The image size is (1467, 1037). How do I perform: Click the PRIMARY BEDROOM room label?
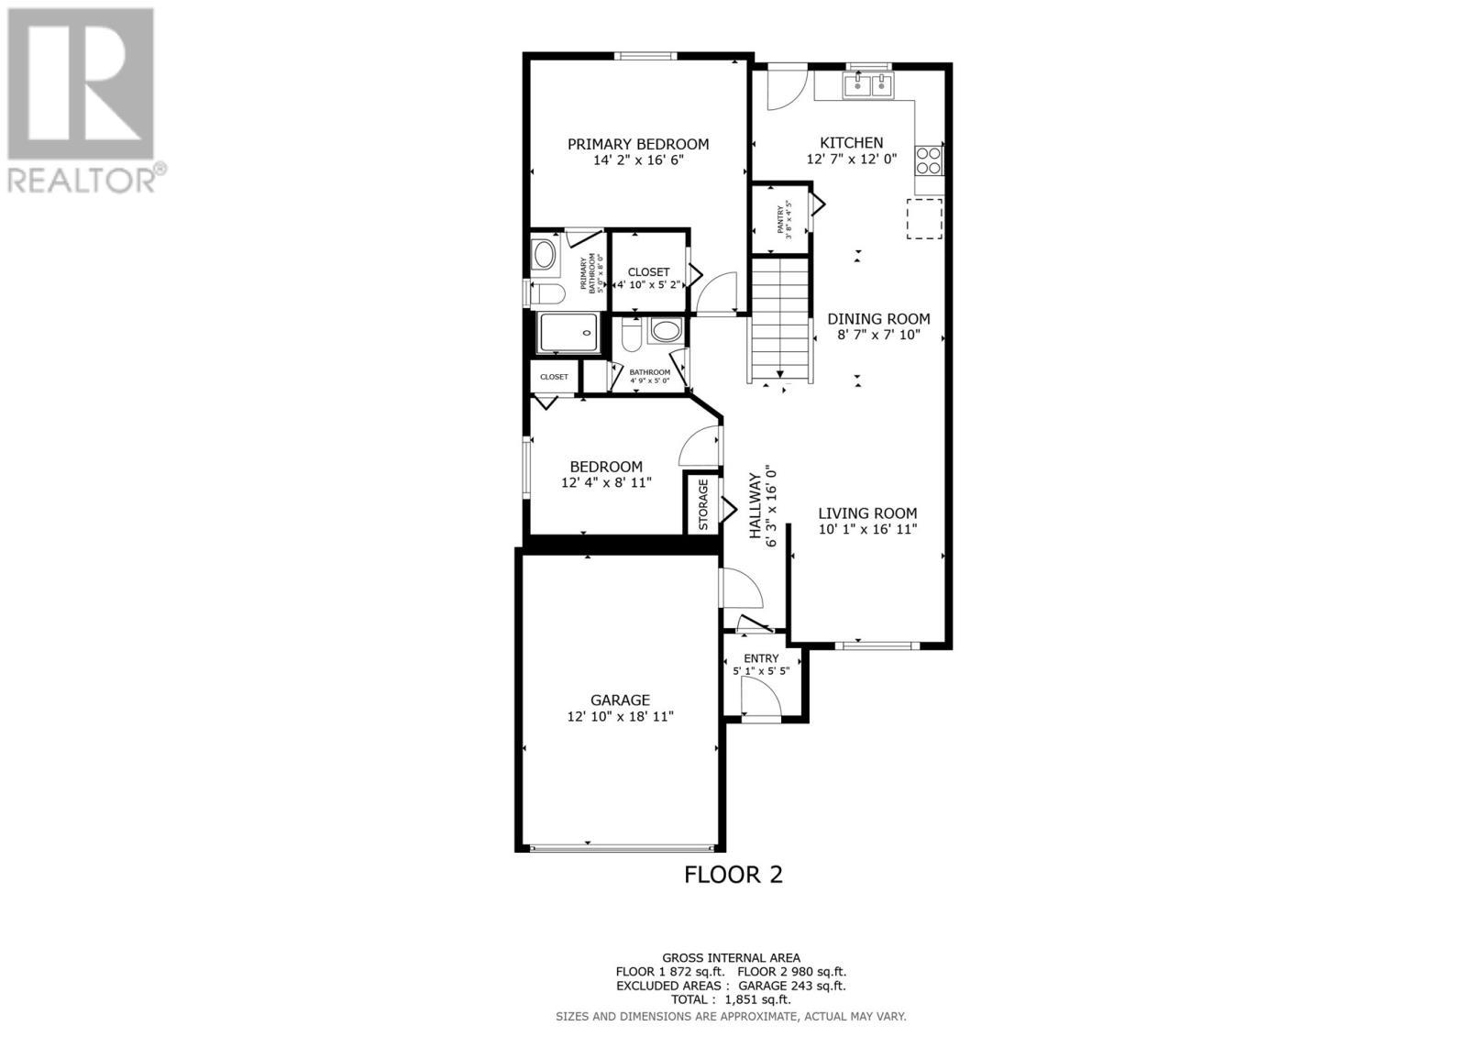(637, 144)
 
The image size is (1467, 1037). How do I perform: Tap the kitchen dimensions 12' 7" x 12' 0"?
(851, 159)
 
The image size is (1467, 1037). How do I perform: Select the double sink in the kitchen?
(867, 85)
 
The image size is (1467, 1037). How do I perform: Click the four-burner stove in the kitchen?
(928, 160)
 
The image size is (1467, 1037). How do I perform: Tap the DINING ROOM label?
(878, 319)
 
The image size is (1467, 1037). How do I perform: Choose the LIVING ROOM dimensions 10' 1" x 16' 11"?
(867, 529)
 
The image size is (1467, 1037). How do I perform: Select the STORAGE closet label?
(703, 503)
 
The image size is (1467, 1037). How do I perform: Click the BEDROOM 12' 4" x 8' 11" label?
(605, 467)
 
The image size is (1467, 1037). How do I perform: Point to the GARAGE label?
(620, 701)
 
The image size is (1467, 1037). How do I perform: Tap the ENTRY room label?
(761, 658)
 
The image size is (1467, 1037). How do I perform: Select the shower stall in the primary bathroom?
(568, 332)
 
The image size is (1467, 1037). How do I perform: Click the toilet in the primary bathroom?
(548, 293)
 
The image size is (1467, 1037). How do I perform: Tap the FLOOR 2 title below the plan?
(733, 875)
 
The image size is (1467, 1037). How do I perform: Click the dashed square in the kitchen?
(924, 218)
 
